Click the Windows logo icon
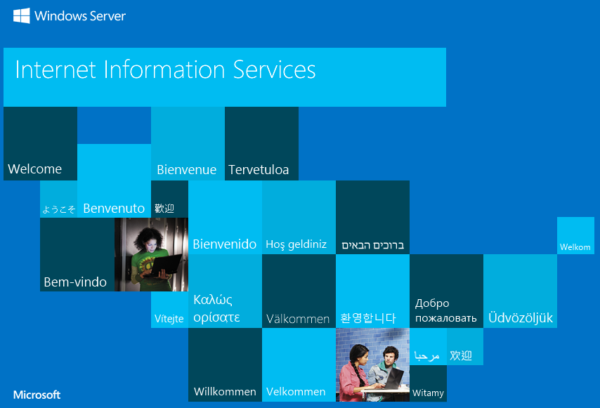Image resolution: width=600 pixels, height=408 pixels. (21, 15)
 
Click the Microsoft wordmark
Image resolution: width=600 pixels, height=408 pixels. (37, 395)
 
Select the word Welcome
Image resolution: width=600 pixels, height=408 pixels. (35, 169)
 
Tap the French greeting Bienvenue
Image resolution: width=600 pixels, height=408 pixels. (187, 169)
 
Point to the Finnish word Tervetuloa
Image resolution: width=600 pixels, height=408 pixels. (259, 169)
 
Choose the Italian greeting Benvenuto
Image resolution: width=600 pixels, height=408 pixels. (114, 208)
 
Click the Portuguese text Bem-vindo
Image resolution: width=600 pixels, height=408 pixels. (75, 282)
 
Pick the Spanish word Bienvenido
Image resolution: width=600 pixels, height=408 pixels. (225, 244)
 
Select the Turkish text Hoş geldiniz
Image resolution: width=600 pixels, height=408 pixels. (296, 244)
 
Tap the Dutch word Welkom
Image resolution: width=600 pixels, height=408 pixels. (575, 247)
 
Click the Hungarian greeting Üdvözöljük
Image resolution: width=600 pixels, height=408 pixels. (521, 317)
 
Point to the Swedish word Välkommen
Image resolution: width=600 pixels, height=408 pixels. (298, 319)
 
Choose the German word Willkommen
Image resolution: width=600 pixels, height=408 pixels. (225, 392)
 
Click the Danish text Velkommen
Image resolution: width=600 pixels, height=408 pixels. (296, 392)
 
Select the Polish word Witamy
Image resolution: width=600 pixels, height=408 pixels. (428, 393)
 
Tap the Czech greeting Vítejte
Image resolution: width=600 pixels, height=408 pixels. (169, 318)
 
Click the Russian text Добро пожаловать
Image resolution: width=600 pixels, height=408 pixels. (446, 310)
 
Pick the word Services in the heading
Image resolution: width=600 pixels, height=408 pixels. (275, 70)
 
